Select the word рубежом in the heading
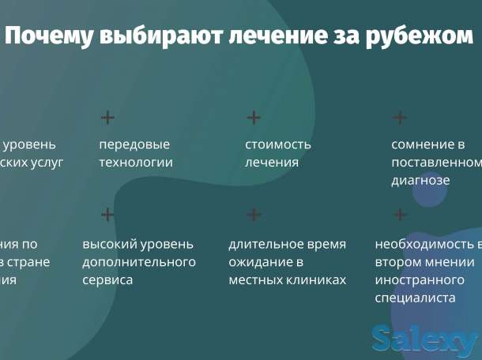421,36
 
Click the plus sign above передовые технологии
107,118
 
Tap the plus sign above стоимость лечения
254,118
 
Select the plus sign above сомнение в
400,118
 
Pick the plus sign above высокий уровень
107,215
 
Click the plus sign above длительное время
254,215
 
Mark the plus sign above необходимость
400,215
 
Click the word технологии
136,163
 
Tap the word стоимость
278,144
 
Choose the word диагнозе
420,180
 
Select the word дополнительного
139,262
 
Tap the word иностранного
419,280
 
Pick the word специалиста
416,298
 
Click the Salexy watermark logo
424,340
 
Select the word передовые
134,144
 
